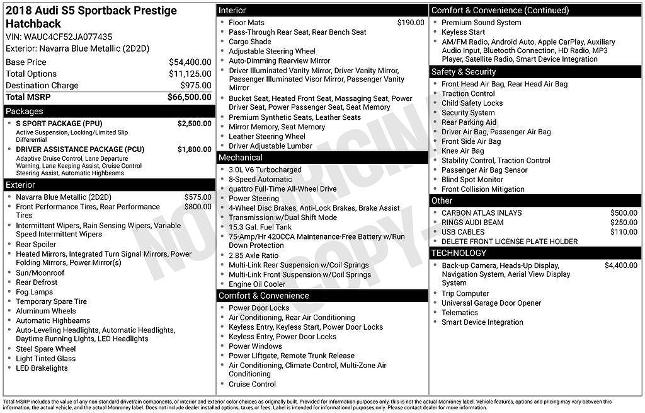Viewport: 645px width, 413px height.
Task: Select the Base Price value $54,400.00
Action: (190, 62)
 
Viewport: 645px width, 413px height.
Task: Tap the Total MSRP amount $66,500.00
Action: (189, 97)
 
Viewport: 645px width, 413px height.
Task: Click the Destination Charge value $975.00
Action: (196, 85)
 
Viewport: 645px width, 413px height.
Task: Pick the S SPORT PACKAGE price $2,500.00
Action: (194, 124)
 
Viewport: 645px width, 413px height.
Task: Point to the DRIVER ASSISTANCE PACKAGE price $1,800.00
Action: (194, 149)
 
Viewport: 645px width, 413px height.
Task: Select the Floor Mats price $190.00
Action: (411, 23)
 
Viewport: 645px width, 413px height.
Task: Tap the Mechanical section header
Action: (241, 157)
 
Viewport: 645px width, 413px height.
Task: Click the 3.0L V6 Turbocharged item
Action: (265, 170)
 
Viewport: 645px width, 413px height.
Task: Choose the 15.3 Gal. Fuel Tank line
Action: (260, 227)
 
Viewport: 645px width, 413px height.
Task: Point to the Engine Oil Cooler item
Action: (257, 284)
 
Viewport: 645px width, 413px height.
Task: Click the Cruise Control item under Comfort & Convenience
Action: (252, 384)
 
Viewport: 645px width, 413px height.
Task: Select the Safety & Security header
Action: (464, 72)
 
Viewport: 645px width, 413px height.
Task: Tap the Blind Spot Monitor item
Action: (472, 180)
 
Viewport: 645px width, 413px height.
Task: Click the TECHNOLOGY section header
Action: (459, 253)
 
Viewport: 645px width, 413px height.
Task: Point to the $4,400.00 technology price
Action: (620, 265)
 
